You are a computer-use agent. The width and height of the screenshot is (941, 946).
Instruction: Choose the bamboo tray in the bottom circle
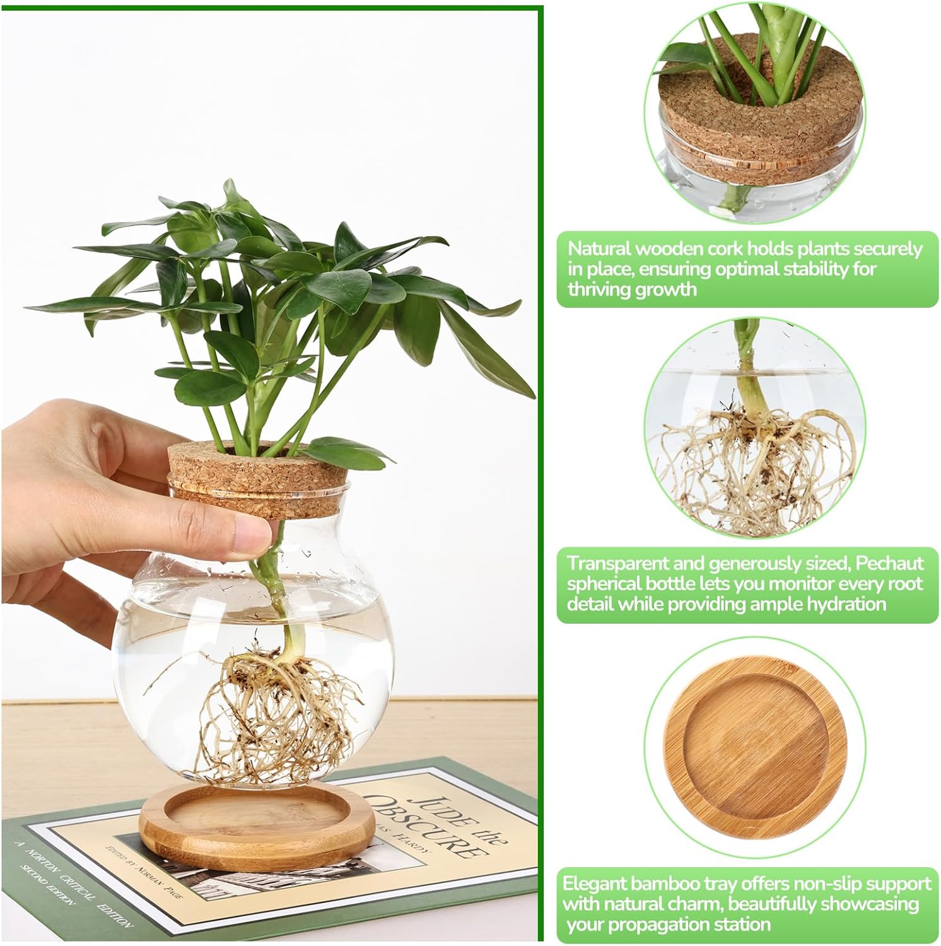point(755,748)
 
